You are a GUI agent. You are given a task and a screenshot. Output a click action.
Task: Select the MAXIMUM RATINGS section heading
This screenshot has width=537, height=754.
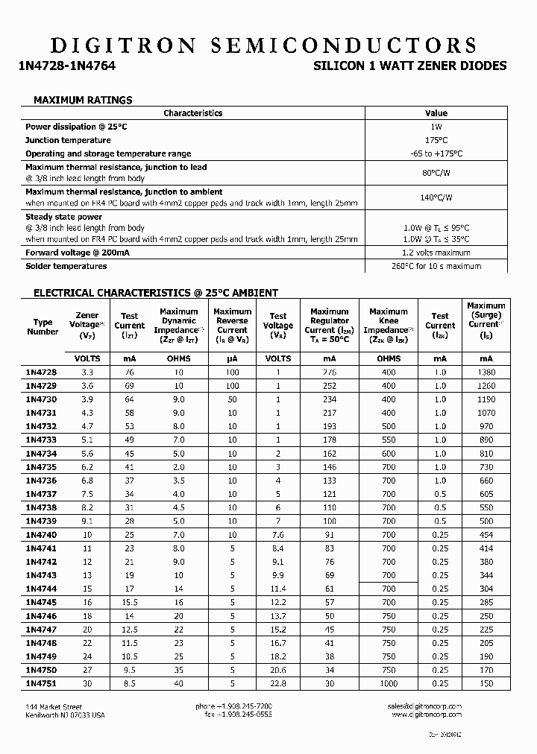click(83, 100)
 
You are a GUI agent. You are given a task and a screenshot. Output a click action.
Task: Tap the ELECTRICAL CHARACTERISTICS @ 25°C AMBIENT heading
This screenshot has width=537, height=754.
click(156, 293)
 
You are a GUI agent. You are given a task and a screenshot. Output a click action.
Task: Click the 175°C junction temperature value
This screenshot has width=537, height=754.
click(436, 140)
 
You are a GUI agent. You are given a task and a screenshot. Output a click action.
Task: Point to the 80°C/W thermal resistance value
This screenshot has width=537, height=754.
click(436, 174)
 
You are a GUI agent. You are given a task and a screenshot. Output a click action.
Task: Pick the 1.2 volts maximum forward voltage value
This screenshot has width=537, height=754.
click(436, 253)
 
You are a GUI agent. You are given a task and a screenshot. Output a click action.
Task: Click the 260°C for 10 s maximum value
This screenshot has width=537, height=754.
click(436, 266)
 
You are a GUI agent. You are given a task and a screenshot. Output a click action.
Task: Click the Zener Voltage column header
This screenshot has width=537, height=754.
click(87, 325)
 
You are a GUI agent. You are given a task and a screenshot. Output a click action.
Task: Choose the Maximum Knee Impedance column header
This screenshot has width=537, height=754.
click(388, 325)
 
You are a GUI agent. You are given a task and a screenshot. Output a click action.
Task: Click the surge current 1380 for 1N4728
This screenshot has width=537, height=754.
click(486, 372)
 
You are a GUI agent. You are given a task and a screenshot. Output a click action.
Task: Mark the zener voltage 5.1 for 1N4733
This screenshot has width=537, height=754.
click(87, 440)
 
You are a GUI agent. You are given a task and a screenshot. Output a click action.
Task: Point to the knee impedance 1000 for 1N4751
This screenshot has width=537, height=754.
click(388, 683)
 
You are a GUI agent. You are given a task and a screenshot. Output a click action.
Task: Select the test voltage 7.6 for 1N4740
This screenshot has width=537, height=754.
click(277, 534)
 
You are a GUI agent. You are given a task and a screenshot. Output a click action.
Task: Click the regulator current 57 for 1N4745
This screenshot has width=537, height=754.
click(329, 602)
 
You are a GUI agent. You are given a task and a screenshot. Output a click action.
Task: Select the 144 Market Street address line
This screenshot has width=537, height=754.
click(53, 706)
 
